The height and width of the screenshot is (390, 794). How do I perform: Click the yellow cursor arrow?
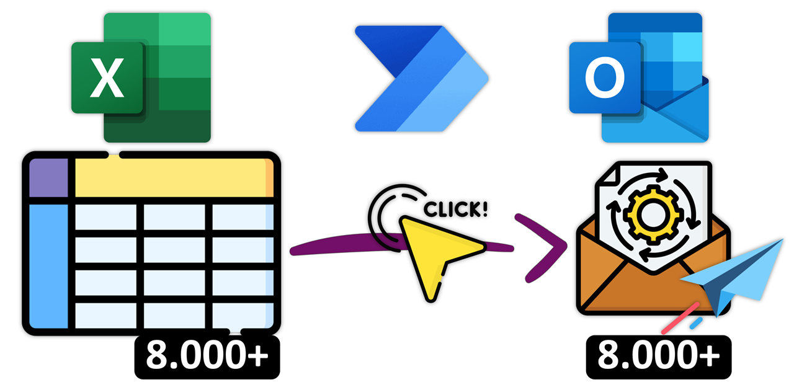434,251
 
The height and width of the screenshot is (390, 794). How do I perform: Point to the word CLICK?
455,209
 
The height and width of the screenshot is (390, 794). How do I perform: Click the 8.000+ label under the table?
207,357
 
